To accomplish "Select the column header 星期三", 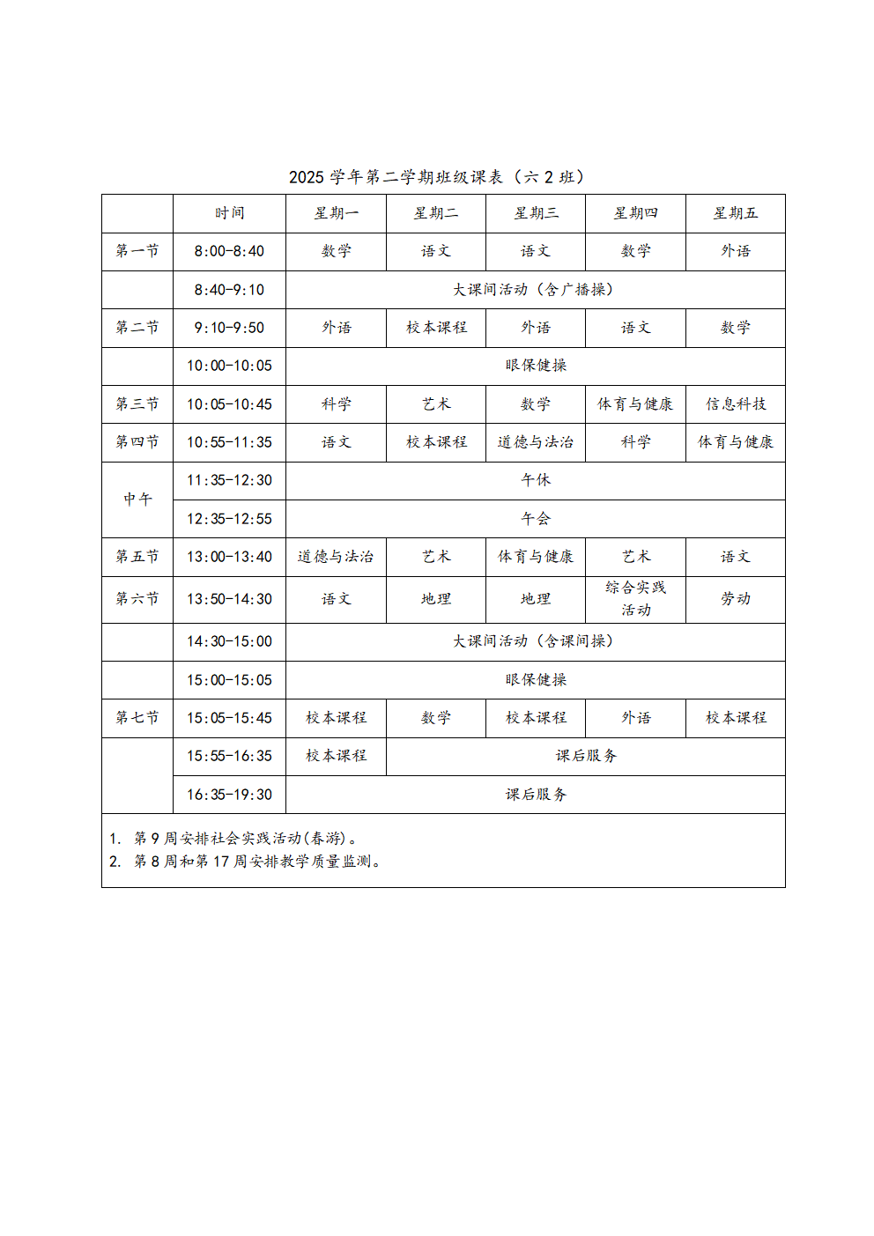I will coord(536,213).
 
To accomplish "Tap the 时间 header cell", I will coord(229,213).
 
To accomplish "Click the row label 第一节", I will coord(137,251).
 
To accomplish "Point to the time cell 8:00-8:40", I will coord(229,251).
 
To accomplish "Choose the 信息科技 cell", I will coord(736,404).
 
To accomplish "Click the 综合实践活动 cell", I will coord(635,599).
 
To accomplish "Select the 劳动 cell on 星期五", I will coord(736,599).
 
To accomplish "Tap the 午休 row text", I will coord(536,480).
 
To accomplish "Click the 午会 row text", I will coord(536,519).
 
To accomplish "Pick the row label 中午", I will coord(137,500).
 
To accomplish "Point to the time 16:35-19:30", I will coord(229,795).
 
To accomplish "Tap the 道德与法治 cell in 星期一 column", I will coord(336,557).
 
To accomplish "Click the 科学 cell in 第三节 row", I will coord(336,404).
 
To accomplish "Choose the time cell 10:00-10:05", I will coord(229,366).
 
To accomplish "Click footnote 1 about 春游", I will coord(234,839).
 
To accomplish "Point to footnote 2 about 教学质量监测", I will coord(247,862).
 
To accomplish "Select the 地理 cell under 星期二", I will coord(436,599).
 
